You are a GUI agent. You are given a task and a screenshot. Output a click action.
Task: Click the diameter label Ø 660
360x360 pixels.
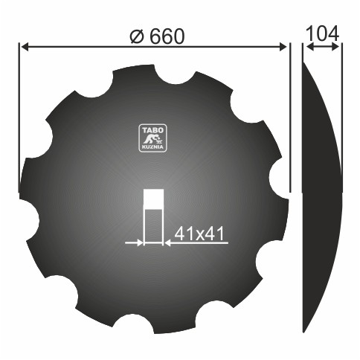point(157,36)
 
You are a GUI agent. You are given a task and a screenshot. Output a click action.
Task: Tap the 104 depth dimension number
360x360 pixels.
point(322,33)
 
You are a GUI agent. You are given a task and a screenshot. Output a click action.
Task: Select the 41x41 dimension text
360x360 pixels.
point(199,234)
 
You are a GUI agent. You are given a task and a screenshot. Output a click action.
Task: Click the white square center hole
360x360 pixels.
point(154,199)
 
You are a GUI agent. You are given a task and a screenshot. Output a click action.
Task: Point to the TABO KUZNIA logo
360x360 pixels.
point(152,138)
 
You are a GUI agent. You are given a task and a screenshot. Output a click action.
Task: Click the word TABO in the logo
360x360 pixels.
point(152,130)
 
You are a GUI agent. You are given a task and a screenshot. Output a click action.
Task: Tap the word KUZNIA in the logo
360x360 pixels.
point(152,147)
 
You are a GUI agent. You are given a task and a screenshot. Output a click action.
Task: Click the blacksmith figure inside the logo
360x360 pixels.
point(152,139)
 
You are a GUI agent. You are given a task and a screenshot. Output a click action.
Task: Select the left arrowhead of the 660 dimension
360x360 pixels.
point(25,46)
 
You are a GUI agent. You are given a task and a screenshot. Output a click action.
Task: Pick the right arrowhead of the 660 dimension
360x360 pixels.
point(283,46)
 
